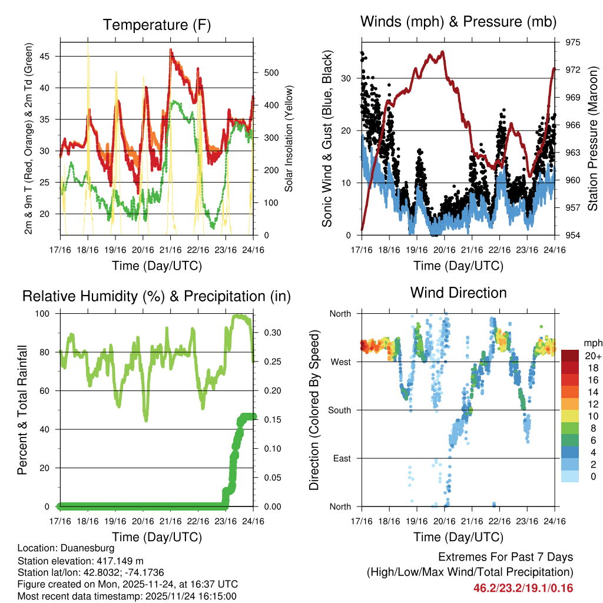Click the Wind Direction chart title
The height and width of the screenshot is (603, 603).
[x=458, y=292]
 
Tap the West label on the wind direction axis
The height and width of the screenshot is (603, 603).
[x=340, y=362]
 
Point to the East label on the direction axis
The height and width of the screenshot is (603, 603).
[x=342, y=458]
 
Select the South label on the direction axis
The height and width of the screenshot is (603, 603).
[x=339, y=410]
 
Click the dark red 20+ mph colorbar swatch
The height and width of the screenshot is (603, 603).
[x=569, y=356]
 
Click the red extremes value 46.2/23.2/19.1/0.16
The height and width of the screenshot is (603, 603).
[x=523, y=588]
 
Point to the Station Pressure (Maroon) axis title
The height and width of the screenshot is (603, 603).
[x=592, y=138]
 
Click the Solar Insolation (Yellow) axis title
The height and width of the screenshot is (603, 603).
[x=289, y=138]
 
